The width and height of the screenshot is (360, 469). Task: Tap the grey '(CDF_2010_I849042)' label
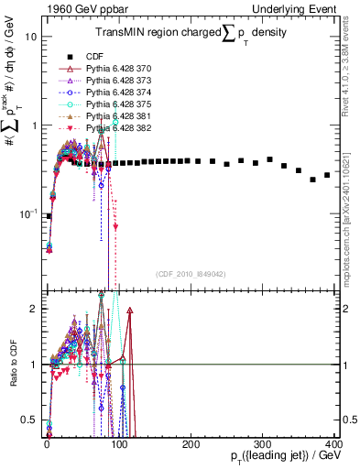point(191,274)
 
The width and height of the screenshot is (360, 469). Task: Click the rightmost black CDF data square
point(327,175)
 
